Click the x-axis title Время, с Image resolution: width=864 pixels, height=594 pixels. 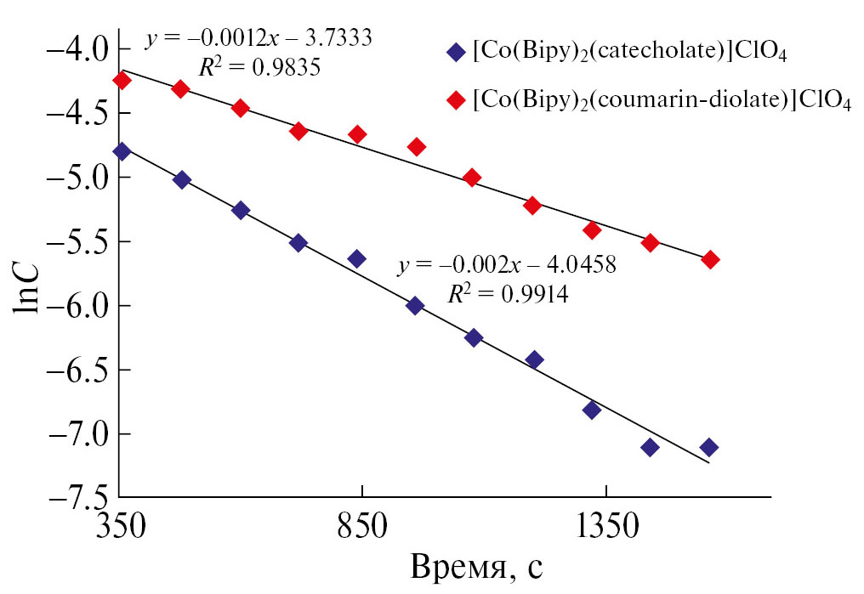(x=477, y=567)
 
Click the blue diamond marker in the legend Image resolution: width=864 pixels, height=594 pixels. (x=456, y=52)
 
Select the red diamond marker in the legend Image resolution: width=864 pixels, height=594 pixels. (x=456, y=100)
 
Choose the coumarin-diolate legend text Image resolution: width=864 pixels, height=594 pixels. (x=662, y=101)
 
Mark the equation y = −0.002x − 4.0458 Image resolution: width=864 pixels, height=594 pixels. (x=506, y=264)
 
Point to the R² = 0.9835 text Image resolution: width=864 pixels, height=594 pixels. (x=259, y=68)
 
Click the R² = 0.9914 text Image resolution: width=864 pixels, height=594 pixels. (x=508, y=293)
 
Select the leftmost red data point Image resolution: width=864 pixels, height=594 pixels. (x=122, y=81)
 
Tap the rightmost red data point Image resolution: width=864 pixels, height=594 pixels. (x=710, y=259)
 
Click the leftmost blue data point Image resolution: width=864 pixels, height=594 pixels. (x=122, y=151)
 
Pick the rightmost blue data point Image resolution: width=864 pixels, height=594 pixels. (x=709, y=447)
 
